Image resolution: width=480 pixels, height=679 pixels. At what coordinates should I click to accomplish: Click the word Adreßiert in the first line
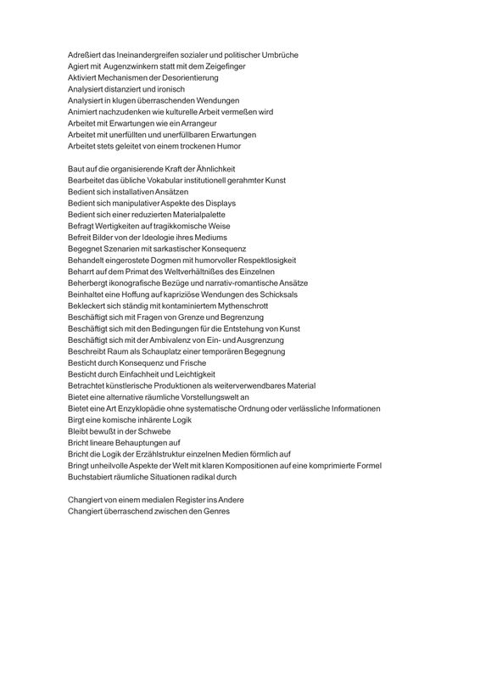(x=85, y=54)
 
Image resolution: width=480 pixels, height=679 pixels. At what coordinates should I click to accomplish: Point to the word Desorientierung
(x=187, y=77)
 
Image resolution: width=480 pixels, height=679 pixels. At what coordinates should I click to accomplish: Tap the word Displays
(x=219, y=204)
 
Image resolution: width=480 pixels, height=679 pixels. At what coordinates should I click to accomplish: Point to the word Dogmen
(x=168, y=261)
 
